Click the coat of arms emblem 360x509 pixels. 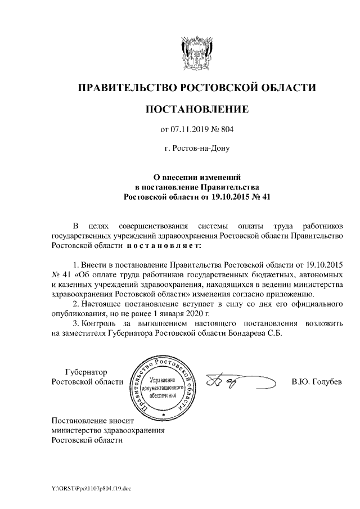[197, 52]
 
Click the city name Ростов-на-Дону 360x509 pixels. [197, 150]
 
